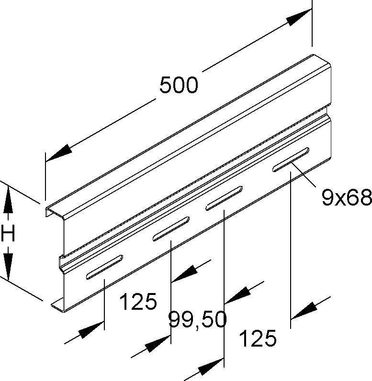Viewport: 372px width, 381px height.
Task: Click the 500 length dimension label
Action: point(179,85)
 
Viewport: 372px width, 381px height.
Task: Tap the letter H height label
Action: point(8,233)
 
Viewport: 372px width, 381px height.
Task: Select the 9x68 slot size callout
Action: point(347,197)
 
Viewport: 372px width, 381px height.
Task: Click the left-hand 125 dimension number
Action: point(138,302)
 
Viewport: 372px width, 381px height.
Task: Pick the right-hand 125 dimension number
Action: point(258,338)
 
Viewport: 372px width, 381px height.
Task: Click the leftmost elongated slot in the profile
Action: point(104,267)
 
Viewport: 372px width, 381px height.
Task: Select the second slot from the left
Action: point(171,229)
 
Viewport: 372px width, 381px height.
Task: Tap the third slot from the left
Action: point(224,198)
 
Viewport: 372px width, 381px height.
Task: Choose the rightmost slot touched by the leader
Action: point(291,160)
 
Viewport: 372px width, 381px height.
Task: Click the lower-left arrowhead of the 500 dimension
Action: point(59,153)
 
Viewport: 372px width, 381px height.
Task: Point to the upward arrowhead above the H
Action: point(8,199)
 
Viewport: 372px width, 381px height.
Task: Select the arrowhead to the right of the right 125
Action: point(304,311)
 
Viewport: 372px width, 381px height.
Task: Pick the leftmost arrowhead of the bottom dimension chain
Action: point(91,330)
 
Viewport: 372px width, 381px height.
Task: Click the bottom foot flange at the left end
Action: point(57,305)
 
